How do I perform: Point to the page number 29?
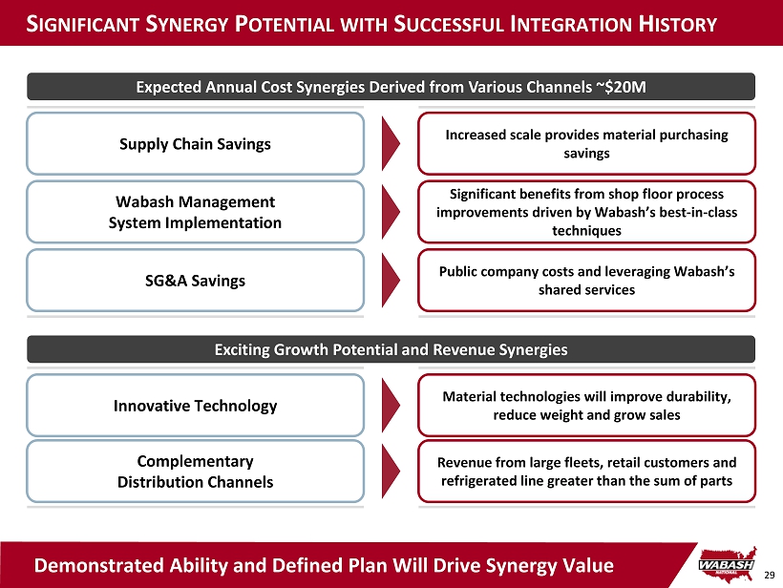click(769, 576)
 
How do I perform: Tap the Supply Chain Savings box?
click(195, 144)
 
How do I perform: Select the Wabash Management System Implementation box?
click(195, 212)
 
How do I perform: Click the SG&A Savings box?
click(195, 281)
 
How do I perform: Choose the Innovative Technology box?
click(195, 406)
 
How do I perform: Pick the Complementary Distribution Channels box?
click(195, 472)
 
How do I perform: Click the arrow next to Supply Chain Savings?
click(391, 144)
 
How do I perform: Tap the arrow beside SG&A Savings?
click(391, 281)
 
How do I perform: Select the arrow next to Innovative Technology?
click(391, 406)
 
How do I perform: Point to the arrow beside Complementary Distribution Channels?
click(391, 472)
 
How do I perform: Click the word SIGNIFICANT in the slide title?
click(83, 24)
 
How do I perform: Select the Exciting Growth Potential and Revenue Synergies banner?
click(391, 349)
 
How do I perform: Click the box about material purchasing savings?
click(586, 144)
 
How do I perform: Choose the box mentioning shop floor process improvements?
click(586, 212)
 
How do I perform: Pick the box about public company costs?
click(586, 281)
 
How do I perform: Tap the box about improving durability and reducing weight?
click(586, 406)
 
